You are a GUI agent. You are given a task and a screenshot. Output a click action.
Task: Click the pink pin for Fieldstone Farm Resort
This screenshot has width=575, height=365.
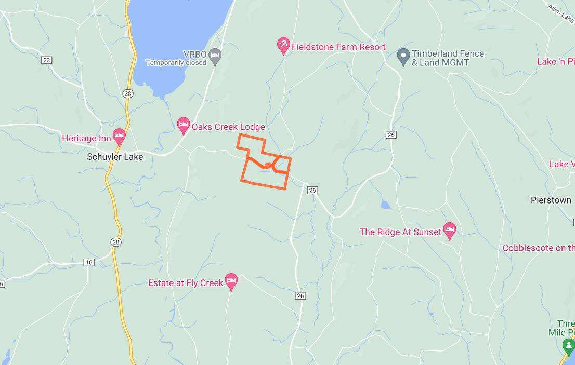283,45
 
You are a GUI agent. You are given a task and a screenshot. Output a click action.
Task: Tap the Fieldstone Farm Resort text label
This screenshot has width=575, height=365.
338,47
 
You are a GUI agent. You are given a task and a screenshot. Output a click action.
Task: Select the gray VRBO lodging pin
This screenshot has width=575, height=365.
215,55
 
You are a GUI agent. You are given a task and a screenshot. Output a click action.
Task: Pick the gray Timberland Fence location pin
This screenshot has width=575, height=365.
403,57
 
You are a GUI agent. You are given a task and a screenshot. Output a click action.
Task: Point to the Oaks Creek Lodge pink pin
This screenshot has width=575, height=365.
183,124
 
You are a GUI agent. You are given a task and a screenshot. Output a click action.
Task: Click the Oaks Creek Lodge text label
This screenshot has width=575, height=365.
228,127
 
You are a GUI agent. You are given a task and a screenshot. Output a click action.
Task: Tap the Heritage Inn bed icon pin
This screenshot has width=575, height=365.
119,137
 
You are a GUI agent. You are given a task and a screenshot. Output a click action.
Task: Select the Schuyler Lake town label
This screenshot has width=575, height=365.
115,156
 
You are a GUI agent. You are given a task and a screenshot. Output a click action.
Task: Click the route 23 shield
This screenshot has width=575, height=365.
47,60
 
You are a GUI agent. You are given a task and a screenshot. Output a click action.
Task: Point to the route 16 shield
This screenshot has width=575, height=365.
89,262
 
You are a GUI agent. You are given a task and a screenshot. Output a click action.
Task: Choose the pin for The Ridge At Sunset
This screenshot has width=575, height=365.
450,229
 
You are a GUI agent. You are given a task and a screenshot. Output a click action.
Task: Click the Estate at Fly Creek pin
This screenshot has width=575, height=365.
231,281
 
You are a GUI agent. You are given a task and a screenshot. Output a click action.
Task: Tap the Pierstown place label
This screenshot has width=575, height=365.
551,200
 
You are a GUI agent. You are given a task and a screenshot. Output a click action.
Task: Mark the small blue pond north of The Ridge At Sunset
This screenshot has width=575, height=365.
385,205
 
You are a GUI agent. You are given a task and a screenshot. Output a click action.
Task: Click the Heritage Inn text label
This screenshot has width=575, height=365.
86,138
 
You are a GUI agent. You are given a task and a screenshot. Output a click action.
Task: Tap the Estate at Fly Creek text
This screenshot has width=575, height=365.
185,283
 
